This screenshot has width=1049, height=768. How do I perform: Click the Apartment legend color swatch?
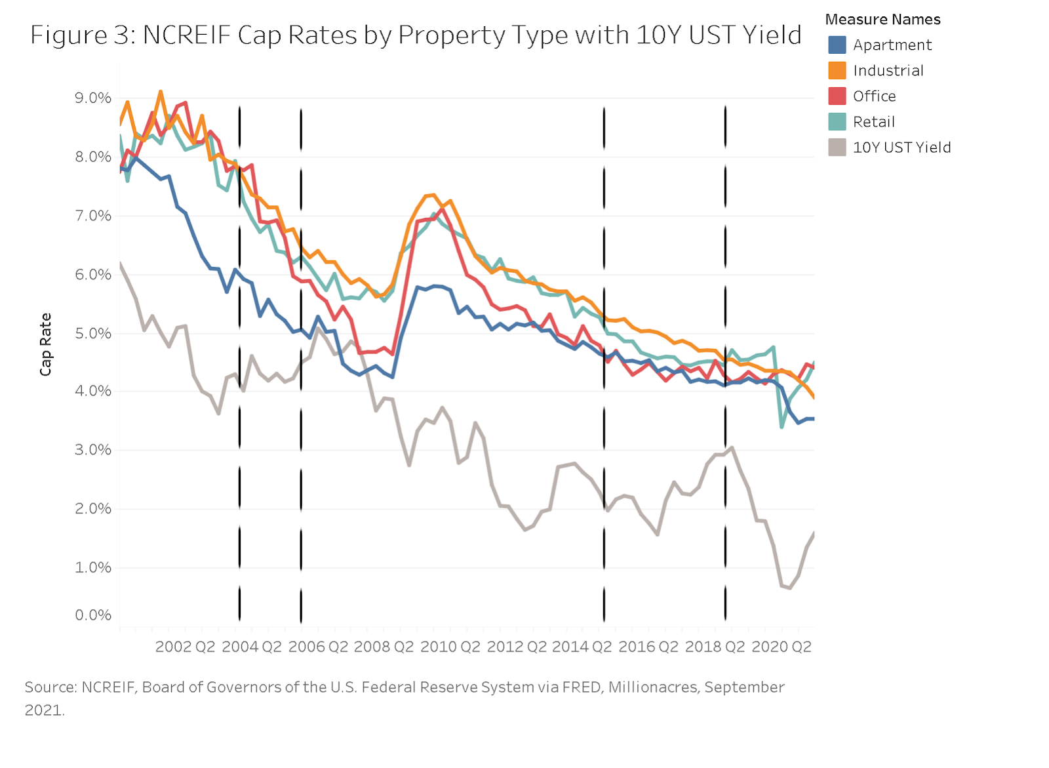(837, 45)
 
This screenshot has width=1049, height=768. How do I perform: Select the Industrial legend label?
(888, 71)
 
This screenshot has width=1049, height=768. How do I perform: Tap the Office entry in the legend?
(874, 96)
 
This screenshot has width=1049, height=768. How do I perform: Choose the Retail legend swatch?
(837, 122)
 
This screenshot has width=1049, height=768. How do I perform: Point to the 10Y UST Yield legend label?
(901, 148)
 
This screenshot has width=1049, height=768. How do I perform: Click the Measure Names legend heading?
(882, 20)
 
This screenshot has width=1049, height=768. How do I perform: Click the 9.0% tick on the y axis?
(92, 98)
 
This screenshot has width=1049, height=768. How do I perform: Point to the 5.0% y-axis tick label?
(92, 333)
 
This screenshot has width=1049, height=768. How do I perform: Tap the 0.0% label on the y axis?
(92, 615)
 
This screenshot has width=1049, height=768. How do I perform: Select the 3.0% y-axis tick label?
(92, 450)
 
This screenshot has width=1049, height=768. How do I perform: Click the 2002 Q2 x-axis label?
(185, 647)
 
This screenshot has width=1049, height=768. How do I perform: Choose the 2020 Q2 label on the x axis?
(781, 647)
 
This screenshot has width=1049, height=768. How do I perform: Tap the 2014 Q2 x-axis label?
(582, 647)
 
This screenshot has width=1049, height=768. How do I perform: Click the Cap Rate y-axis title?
(45, 344)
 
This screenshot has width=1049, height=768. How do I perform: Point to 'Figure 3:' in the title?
(83, 35)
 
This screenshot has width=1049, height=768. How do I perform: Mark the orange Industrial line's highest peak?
(161, 92)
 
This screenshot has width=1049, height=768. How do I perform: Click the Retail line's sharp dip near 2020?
(782, 427)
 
